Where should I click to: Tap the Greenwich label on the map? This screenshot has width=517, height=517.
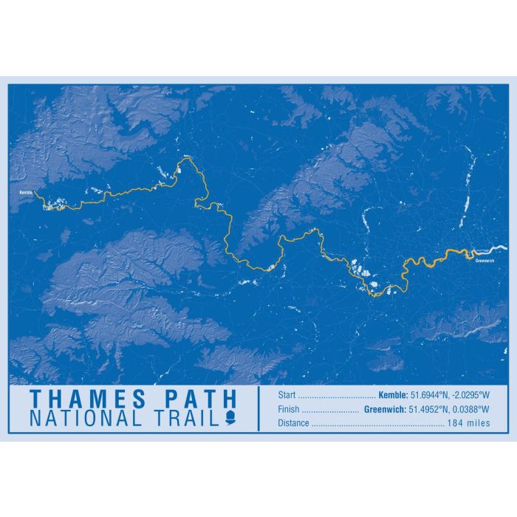click(x=485, y=259)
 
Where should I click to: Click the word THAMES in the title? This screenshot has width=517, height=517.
click(x=88, y=400)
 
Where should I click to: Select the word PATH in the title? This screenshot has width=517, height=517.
click(x=200, y=400)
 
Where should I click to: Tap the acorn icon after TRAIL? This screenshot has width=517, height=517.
click(x=229, y=419)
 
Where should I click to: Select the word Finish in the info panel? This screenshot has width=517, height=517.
click(x=289, y=409)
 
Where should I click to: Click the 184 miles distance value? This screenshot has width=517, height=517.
click(x=467, y=423)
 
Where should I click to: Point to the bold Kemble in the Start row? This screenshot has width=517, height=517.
click(x=392, y=394)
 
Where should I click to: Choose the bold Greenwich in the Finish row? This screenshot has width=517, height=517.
click(x=386, y=409)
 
